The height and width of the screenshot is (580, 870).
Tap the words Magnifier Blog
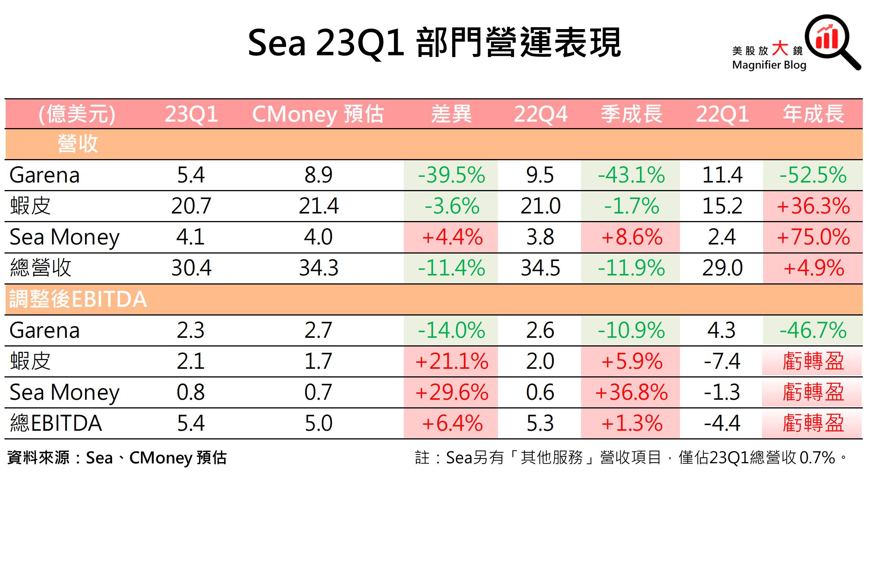tap(769, 65)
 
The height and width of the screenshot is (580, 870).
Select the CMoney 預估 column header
tap(318, 114)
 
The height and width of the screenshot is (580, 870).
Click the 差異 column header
tap(451, 114)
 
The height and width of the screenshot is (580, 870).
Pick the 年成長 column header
tap(813, 114)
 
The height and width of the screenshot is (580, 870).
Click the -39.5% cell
tap(451, 175)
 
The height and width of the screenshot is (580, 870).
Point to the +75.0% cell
tap(813, 237)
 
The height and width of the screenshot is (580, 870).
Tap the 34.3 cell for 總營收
tap(318, 268)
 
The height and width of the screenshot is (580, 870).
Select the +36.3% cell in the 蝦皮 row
tap(813, 206)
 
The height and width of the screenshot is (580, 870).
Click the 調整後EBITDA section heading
tap(78, 299)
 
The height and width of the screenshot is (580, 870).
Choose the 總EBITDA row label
tap(56, 423)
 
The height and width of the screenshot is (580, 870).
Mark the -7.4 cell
tap(722, 361)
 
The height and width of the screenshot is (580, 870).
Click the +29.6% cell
tap(451, 392)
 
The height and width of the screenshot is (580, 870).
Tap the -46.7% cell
tap(813, 330)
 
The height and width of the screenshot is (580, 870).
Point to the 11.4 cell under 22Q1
tap(722, 175)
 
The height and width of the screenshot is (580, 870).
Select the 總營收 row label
tap(41, 268)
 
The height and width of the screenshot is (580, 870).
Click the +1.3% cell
tap(632, 423)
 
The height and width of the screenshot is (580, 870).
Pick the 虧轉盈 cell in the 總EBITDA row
tap(813, 423)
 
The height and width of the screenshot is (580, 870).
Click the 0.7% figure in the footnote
tap(817, 458)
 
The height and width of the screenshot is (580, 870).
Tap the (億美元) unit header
tap(77, 114)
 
